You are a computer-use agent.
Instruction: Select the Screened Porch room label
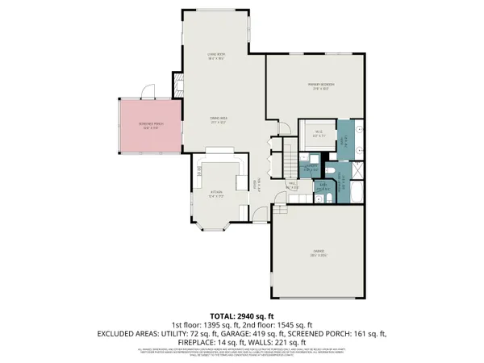coord(145,126)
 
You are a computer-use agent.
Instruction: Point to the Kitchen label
coord(215,193)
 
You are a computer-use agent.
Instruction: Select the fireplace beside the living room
coord(176,84)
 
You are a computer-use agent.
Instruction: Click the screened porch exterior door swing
coord(147,91)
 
